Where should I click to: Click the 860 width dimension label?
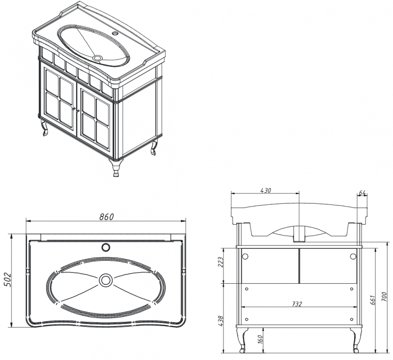(106, 216)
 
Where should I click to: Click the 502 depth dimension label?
(7, 279)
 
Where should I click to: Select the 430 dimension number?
(266, 190)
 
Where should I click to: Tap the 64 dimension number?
(362, 193)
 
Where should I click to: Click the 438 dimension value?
(221, 321)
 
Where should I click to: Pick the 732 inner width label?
(297, 304)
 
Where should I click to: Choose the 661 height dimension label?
(372, 300)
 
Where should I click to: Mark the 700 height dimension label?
(385, 297)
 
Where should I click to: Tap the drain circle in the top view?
(105, 280)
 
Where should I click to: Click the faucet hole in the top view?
(106, 247)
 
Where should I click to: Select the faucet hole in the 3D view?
(115, 33)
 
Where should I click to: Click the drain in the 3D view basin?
(97, 58)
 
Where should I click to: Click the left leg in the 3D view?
(44, 128)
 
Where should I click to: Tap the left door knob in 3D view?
(74, 109)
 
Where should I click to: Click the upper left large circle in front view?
(245, 256)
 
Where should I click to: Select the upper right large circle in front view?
(353, 256)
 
